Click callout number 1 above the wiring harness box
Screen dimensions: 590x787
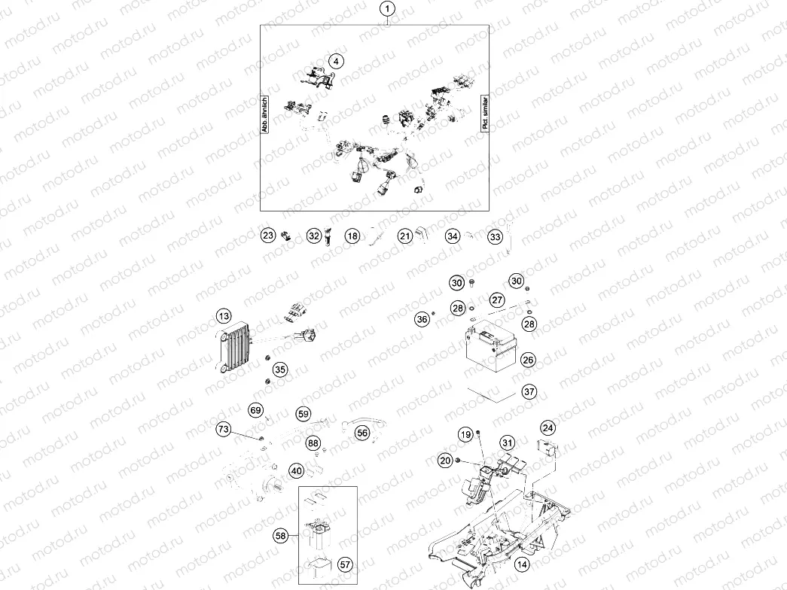coord(387,9)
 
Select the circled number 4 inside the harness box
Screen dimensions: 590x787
coord(336,61)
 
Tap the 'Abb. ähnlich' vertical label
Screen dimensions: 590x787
coord(265,115)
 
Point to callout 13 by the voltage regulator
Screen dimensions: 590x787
coord(223,315)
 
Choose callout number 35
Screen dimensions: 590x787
coord(280,370)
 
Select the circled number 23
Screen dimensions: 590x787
coord(268,236)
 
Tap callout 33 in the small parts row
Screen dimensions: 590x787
coord(495,237)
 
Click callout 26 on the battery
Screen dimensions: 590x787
coord(529,360)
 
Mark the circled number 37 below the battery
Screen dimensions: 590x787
coord(529,392)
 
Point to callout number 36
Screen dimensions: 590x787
coord(422,320)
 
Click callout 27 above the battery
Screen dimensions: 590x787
coord(497,300)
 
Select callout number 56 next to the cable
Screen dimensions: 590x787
coord(362,433)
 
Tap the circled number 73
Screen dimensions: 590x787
coord(223,429)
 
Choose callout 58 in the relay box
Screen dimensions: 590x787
coord(281,536)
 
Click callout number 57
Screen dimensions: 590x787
coord(345,563)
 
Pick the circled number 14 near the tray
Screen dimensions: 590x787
coord(521,563)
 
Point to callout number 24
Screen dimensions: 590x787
coord(548,427)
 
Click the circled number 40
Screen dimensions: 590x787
coord(297,471)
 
